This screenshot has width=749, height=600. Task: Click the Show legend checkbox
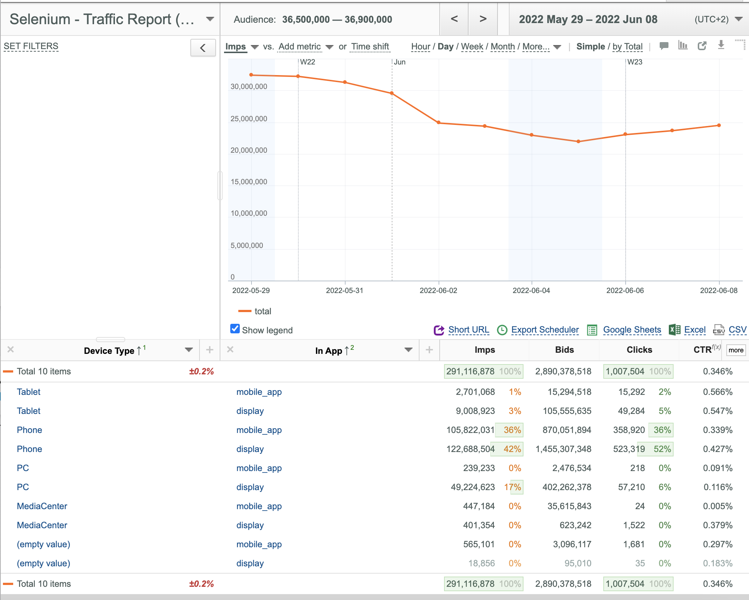235,329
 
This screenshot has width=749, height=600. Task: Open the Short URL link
469,330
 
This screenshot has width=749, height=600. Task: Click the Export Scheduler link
545,330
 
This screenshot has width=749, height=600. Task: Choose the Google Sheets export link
632,330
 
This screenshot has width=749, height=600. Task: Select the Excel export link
695,330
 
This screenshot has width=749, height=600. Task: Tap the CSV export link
737,330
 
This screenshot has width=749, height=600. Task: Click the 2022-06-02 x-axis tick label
438,290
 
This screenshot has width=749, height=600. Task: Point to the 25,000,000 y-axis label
249,119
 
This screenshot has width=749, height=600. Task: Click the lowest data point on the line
578,141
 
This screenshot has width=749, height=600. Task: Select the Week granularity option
472,47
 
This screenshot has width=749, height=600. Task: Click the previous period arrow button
454,19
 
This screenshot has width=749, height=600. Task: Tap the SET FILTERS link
31,46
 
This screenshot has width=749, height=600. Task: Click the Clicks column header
639,350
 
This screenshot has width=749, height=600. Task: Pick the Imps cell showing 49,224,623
473,487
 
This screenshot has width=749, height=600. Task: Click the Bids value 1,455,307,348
563,449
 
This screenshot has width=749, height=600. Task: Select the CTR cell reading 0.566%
718,392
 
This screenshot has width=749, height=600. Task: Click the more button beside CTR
736,350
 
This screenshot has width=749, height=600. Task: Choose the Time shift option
370,47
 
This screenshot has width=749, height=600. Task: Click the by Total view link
627,47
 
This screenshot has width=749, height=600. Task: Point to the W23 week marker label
635,62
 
